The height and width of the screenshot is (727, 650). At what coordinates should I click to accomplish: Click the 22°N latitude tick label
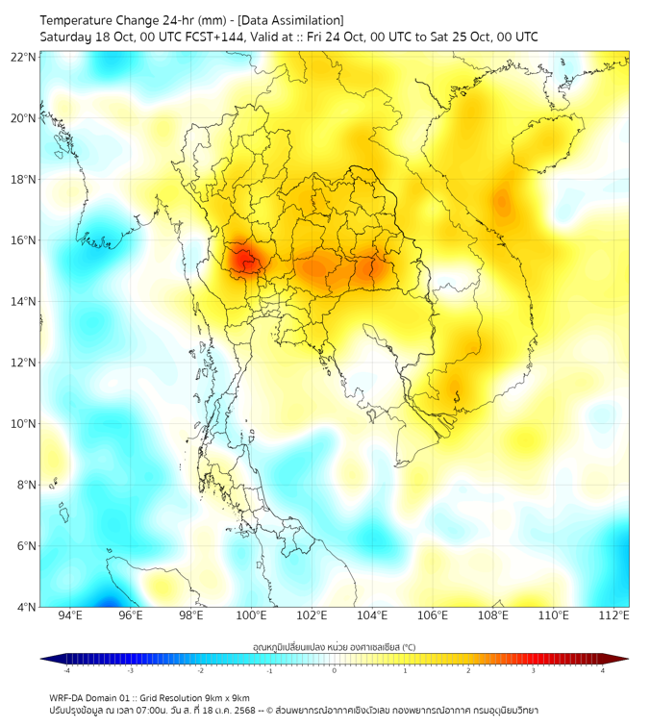point(24,57)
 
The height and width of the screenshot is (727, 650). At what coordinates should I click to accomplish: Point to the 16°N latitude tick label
point(24,240)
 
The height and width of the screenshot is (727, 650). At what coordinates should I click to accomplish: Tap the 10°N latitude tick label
point(24,424)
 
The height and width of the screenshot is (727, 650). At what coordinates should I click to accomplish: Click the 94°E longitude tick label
point(70,615)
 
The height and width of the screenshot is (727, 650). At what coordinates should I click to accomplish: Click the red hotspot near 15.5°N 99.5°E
point(241,257)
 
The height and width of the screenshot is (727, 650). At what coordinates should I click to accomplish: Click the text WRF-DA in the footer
point(67,698)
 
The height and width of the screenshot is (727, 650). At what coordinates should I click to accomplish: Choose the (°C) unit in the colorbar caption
point(408,647)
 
